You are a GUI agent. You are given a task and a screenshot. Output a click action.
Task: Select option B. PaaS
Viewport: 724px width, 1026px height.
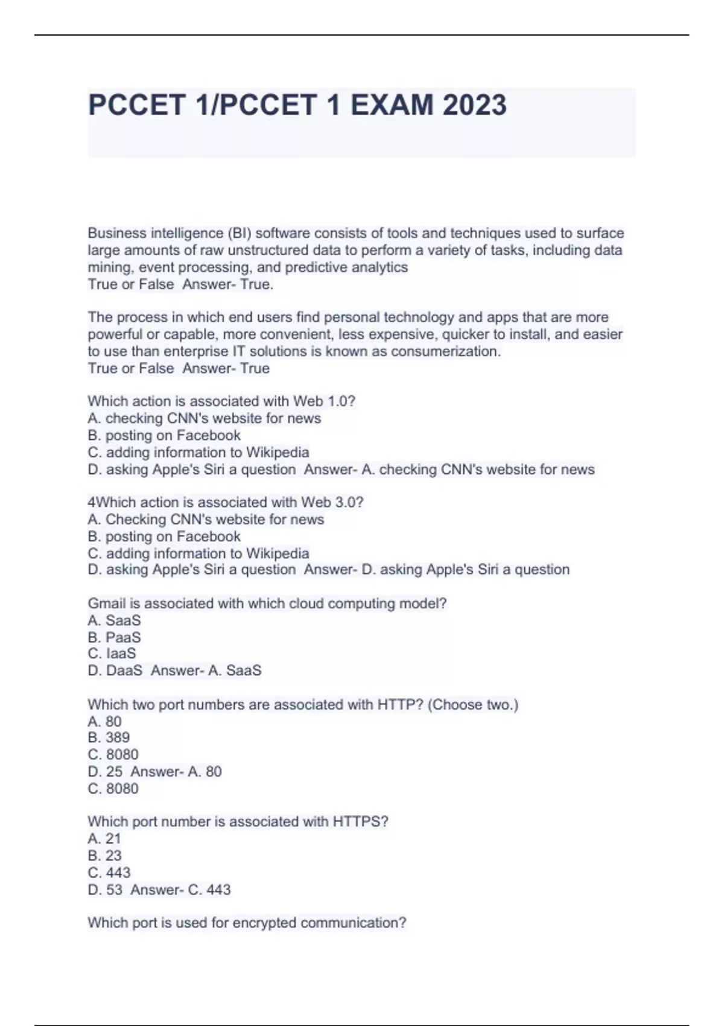(114, 637)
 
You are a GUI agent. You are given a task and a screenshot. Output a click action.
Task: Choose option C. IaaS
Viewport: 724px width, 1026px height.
(112, 654)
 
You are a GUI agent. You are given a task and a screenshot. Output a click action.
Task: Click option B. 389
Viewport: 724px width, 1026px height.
(109, 738)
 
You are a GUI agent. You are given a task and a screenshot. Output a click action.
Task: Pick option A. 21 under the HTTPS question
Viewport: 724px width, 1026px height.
(104, 838)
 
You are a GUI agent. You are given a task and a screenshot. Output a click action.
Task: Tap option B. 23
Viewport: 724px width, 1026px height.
(104, 855)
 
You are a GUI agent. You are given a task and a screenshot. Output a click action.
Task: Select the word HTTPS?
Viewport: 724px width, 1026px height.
(360, 821)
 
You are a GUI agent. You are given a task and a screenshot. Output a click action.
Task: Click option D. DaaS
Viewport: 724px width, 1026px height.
(115, 671)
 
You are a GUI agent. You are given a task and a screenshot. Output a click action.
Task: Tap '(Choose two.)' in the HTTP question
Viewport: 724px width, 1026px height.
(472, 704)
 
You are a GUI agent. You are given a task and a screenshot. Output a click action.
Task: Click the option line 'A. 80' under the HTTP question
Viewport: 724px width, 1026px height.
(104, 721)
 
